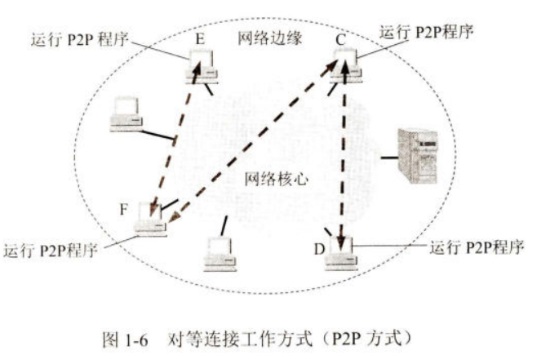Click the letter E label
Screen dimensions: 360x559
(x=200, y=38)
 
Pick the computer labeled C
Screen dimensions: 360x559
(x=348, y=64)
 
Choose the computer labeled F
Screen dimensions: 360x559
(x=150, y=216)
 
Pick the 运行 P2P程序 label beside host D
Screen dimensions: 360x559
(x=476, y=246)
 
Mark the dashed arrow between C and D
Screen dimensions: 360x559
(x=344, y=155)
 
